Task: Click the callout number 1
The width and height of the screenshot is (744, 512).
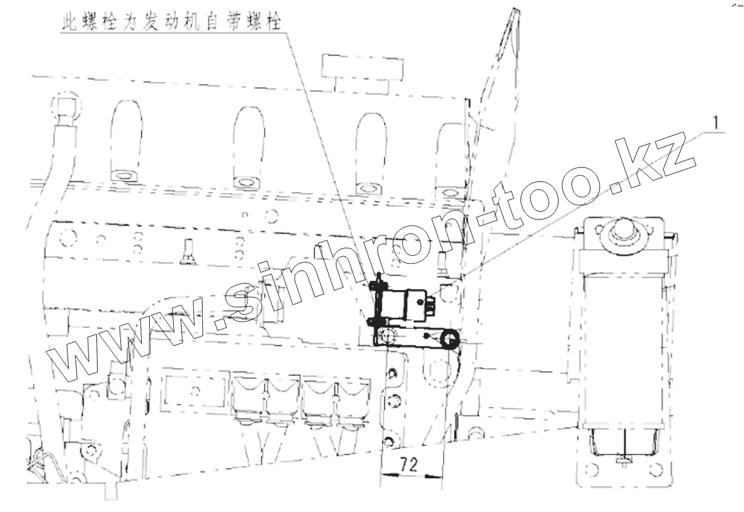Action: [x=714, y=123]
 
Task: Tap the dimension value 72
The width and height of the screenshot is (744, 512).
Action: [x=411, y=465]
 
